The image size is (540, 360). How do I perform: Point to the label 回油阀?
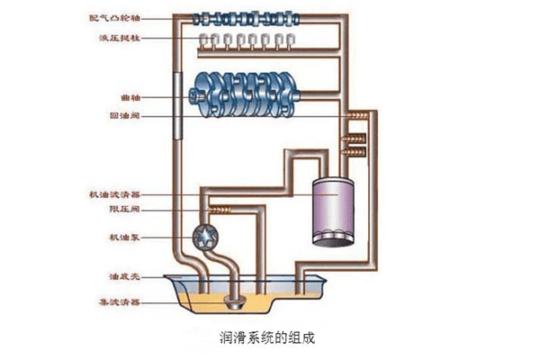tap(132, 116)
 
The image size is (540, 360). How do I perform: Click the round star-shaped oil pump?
tap(202, 236)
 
